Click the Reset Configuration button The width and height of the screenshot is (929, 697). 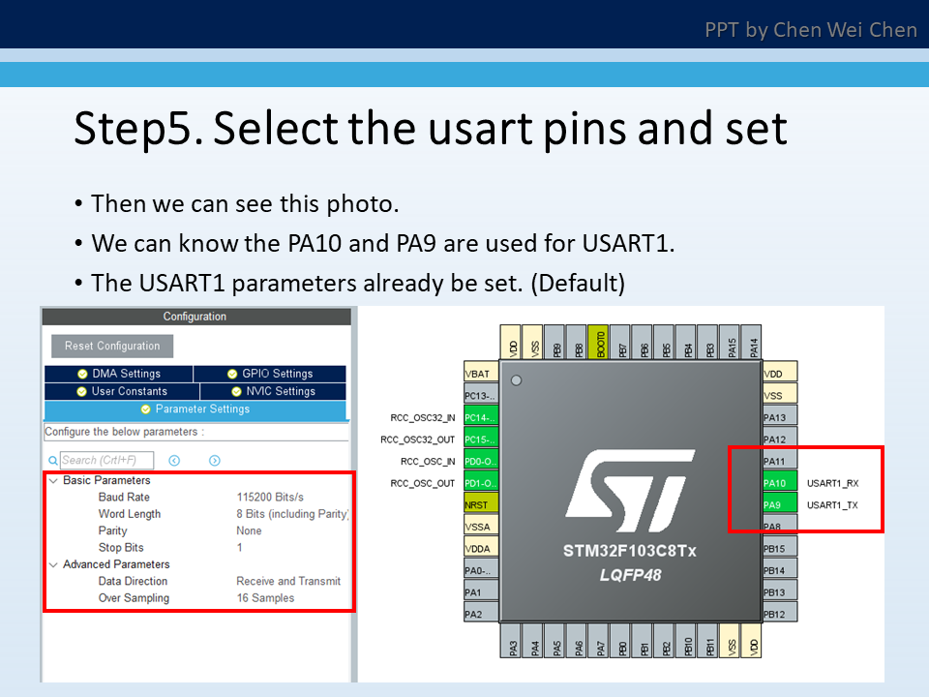click(112, 346)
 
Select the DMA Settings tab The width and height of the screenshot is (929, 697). click(119, 374)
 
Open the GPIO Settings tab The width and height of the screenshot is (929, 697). click(270, 374)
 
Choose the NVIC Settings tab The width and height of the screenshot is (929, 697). click(273, 391)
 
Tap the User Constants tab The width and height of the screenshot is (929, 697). click(122, 391)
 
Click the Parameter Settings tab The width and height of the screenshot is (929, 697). click(195, 409)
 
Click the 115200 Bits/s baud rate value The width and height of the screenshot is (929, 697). click(270, 497)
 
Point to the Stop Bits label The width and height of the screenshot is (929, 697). click(123, 548)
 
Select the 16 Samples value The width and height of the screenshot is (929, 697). click(265, 598)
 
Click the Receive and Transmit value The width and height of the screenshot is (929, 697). click(288, 581)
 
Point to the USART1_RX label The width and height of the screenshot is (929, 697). click(832, 482)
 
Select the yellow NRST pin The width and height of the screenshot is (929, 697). click(480, 504)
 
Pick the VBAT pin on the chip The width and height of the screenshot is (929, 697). click(480, 374)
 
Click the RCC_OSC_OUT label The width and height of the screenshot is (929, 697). click(423, 483)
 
